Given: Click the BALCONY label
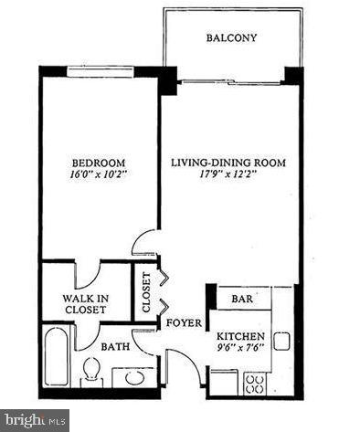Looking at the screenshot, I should point(230,38).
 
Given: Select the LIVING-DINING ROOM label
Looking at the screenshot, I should point(228,163).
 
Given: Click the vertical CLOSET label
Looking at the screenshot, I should point(144,291).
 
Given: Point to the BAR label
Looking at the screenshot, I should point(243,298).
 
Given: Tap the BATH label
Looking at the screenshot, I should point(113,346).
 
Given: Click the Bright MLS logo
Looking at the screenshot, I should point(35,421).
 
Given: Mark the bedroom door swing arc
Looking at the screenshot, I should point(144,243).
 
